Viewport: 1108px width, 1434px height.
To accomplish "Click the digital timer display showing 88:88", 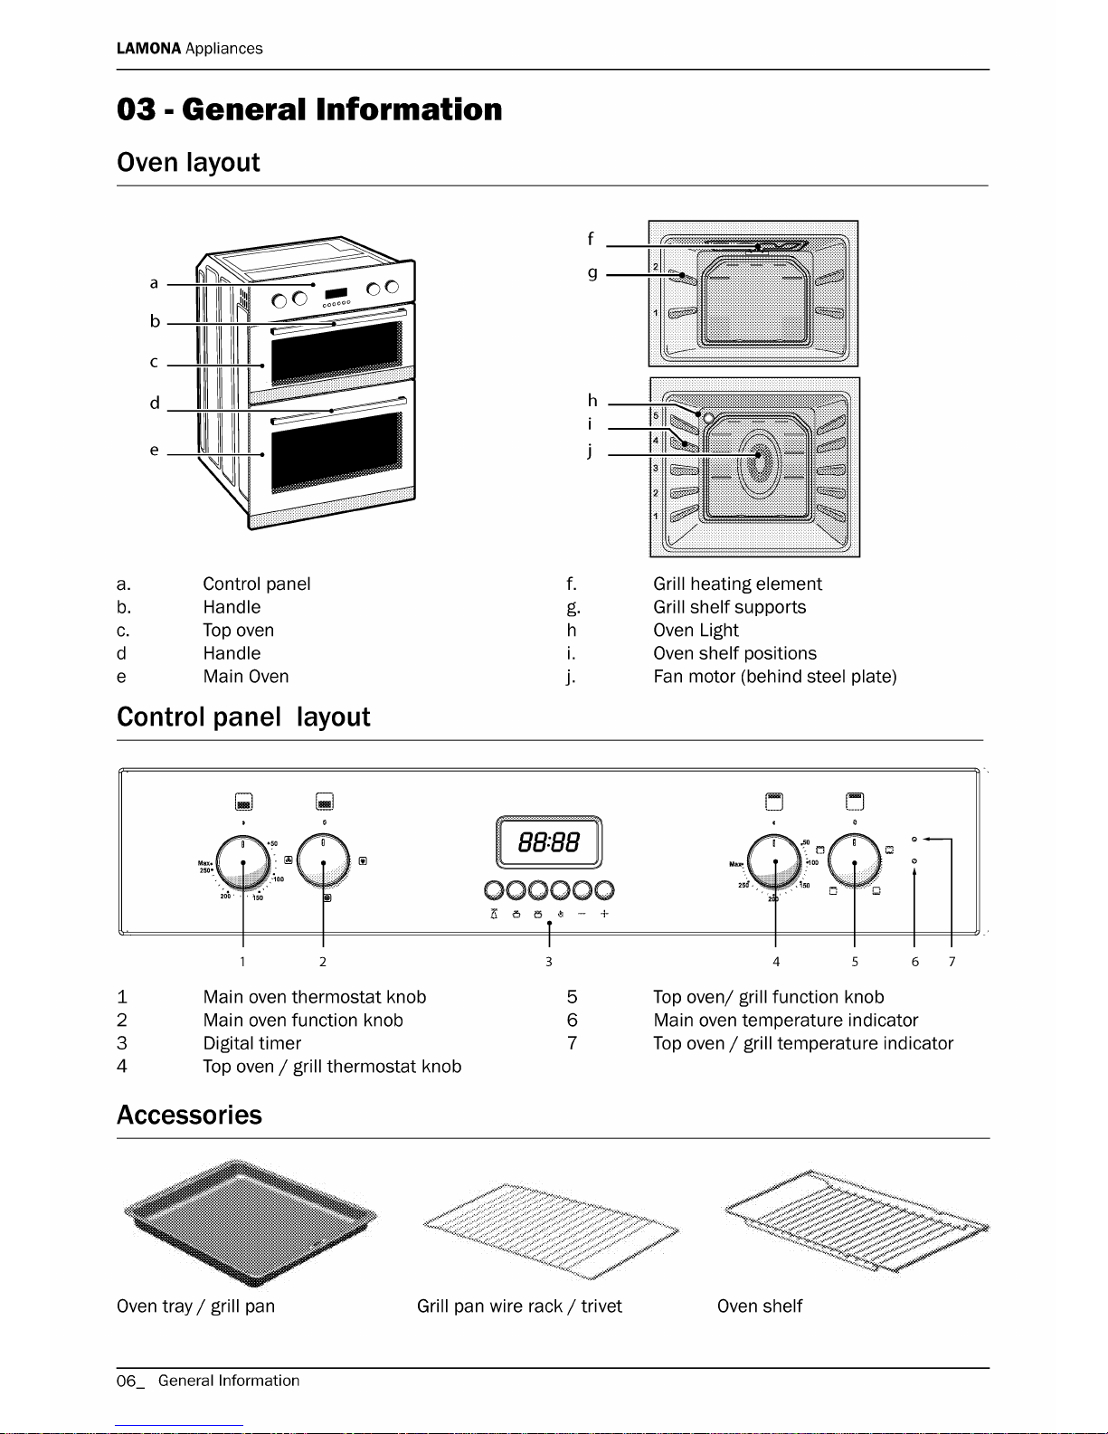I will tap(548, 842).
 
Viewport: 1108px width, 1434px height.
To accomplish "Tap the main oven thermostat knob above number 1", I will tap(242, 862).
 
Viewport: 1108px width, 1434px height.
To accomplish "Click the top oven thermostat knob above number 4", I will tap(774, 861).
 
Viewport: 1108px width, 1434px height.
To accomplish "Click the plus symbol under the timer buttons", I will tap(604, 914).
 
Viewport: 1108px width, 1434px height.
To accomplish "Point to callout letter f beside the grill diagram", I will tap(591, 239).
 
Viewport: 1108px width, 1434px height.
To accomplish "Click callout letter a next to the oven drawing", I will tap(154, 283).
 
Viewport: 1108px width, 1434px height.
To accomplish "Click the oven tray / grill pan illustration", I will tap(249, 1221).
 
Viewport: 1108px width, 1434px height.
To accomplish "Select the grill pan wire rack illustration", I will tap(549, 1229).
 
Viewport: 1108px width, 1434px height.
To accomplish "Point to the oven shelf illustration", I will tap(856, 1221).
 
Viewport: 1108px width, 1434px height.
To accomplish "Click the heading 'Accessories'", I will tap(189, 1115).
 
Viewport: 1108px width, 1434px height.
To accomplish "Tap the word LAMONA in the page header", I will tap(148, 49).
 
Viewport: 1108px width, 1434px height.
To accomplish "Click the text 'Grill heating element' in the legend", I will tap(737, 584).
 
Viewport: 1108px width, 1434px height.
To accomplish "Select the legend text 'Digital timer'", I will tap(251, 1043).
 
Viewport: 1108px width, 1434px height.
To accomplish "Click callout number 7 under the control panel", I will tap(952, 962).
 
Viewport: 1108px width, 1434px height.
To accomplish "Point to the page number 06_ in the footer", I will tap(129, 1381).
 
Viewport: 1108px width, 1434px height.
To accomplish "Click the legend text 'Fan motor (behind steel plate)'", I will tap(774, 677).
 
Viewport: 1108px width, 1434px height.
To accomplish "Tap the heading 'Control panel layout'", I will tap(243, 717).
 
